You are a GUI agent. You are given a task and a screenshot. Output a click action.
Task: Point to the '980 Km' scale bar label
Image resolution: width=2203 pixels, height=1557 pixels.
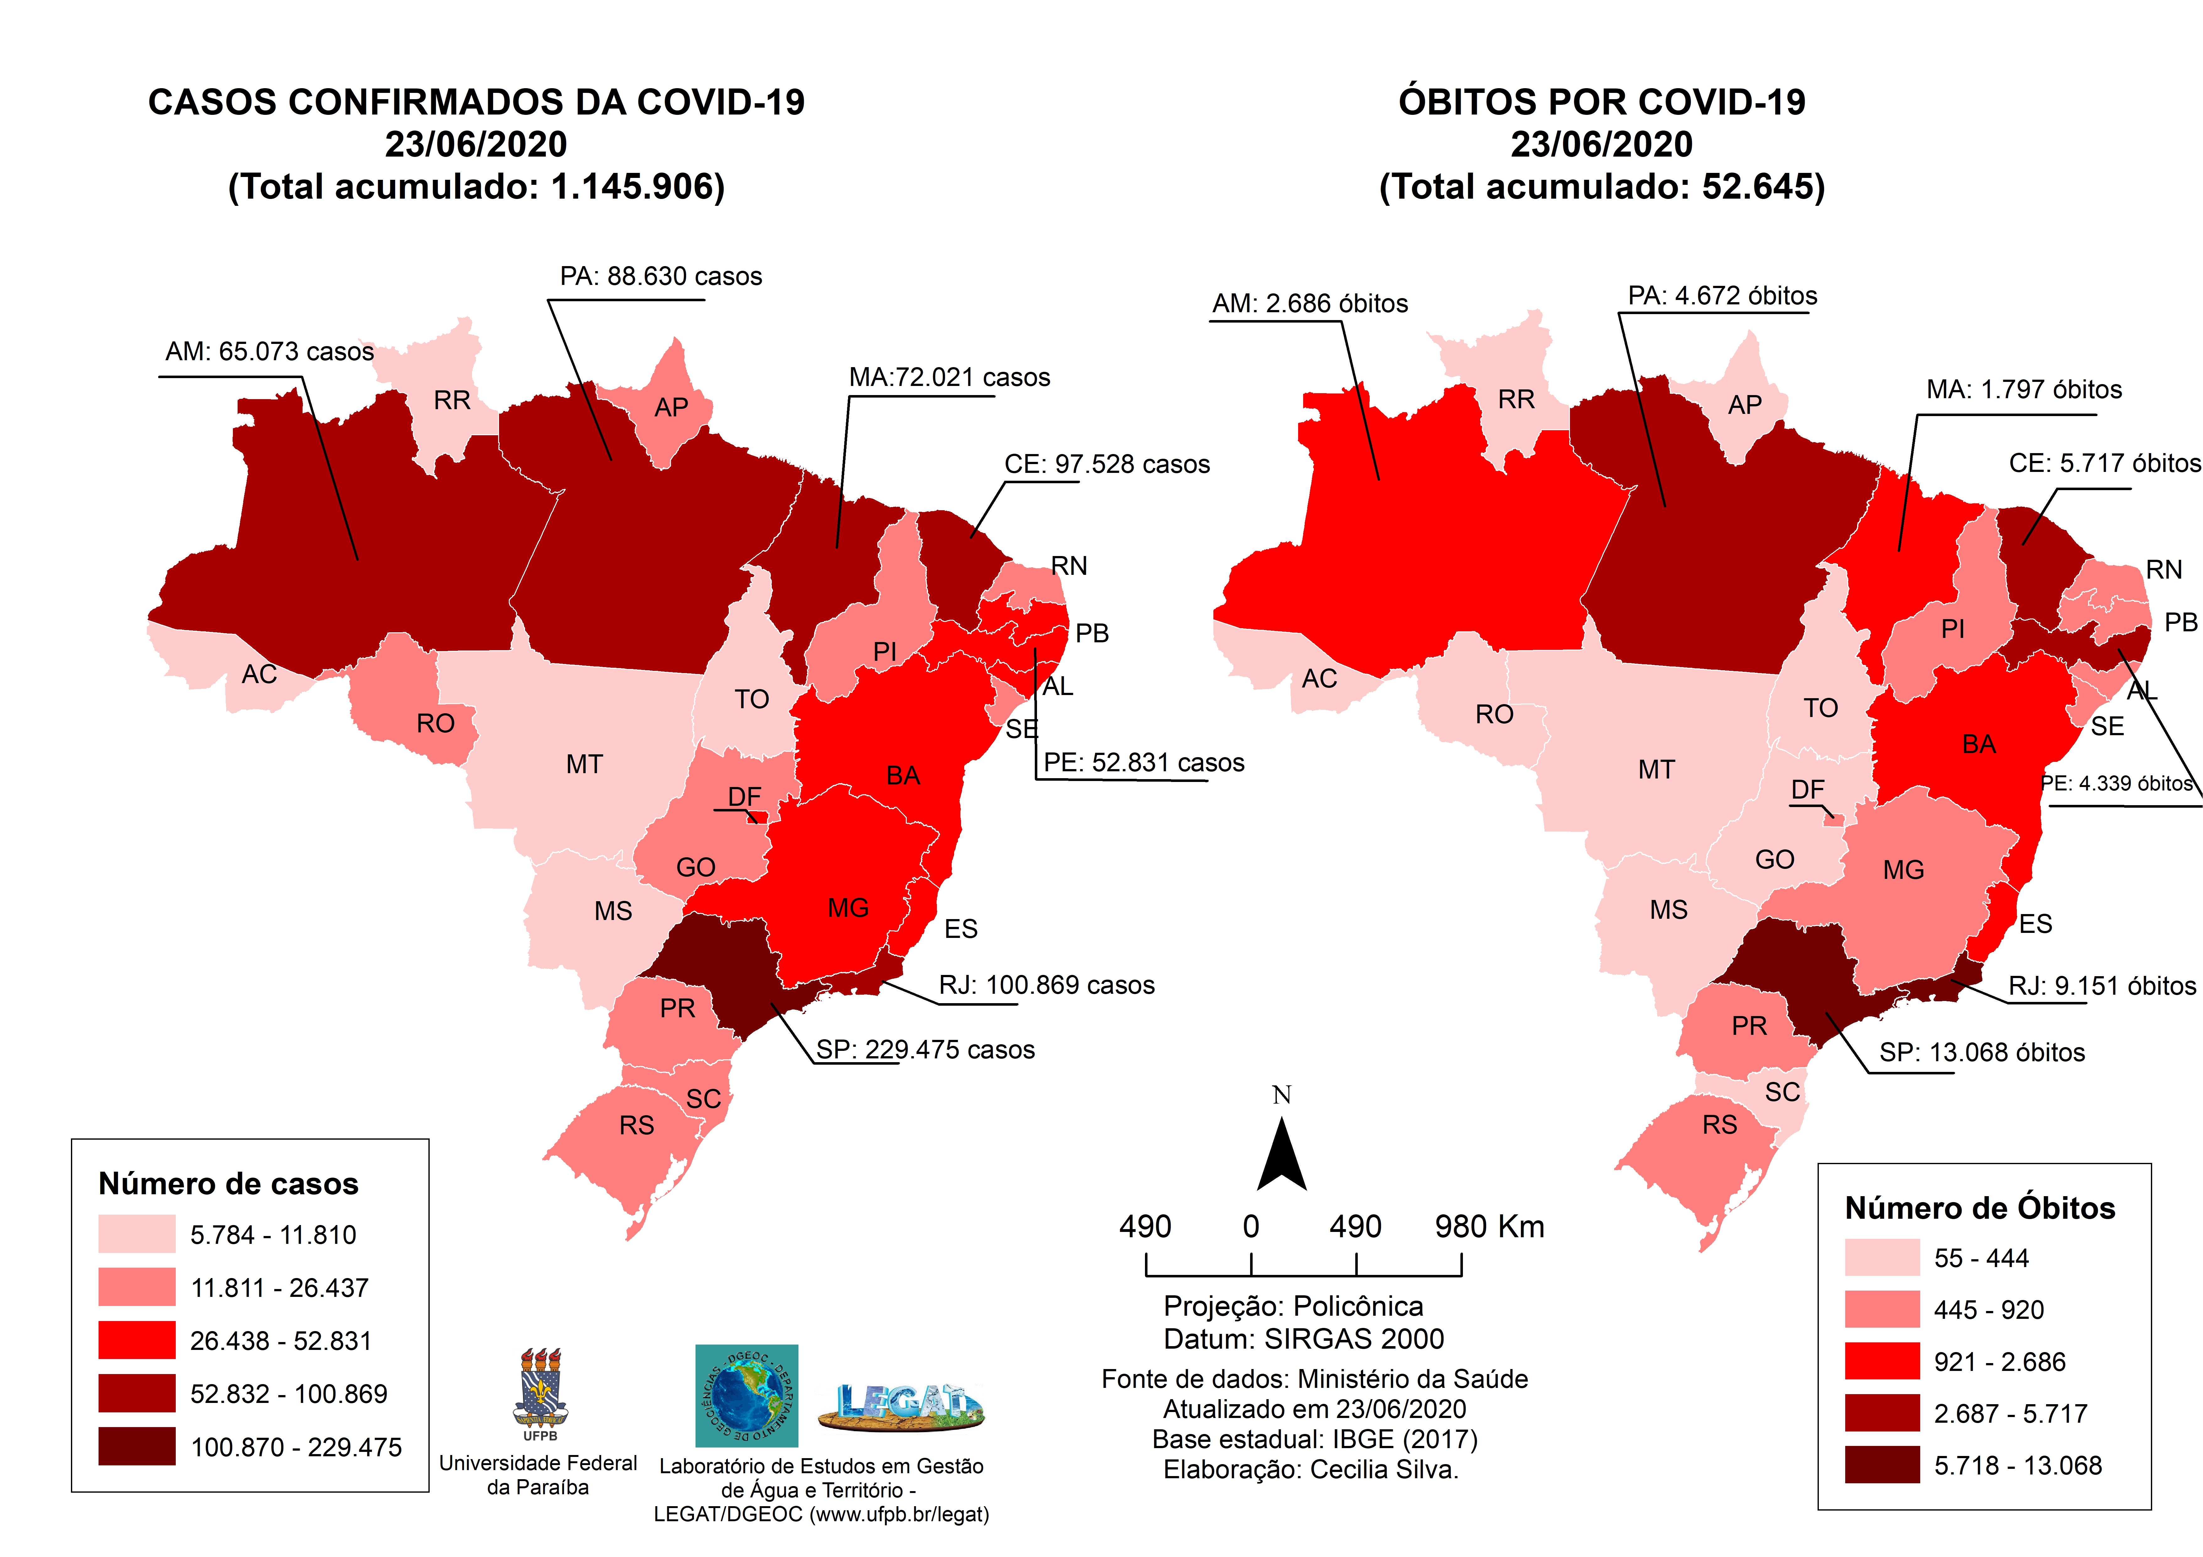[1489, 1227]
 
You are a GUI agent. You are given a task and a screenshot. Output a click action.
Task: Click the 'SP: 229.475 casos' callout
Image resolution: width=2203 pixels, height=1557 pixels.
[925, 1050]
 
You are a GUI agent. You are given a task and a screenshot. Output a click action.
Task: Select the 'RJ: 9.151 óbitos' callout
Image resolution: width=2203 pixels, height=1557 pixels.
[2101, 986]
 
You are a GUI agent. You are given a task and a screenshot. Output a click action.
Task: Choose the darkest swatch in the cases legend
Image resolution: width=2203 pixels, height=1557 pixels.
[136, 1446]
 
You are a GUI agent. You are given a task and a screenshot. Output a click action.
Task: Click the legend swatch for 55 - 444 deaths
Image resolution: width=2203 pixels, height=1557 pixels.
[1882, 1258]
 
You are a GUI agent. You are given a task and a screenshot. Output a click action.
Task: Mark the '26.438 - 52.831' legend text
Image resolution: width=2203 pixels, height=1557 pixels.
[280, 1341]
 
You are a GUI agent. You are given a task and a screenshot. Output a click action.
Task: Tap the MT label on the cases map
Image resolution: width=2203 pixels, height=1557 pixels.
[584, 765]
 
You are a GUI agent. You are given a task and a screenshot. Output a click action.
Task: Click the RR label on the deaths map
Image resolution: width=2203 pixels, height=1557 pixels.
[1516, 399]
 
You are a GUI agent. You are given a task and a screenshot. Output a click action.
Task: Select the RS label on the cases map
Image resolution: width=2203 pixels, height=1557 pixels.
[636, 1125]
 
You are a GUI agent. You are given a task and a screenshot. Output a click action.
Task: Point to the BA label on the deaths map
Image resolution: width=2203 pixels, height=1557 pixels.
[1979, 744]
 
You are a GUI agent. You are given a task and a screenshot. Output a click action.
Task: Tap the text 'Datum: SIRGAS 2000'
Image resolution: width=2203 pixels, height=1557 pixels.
[1303, 1338]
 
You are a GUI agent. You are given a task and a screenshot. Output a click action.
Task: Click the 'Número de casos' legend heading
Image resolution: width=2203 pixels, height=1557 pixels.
[228, 1184]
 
